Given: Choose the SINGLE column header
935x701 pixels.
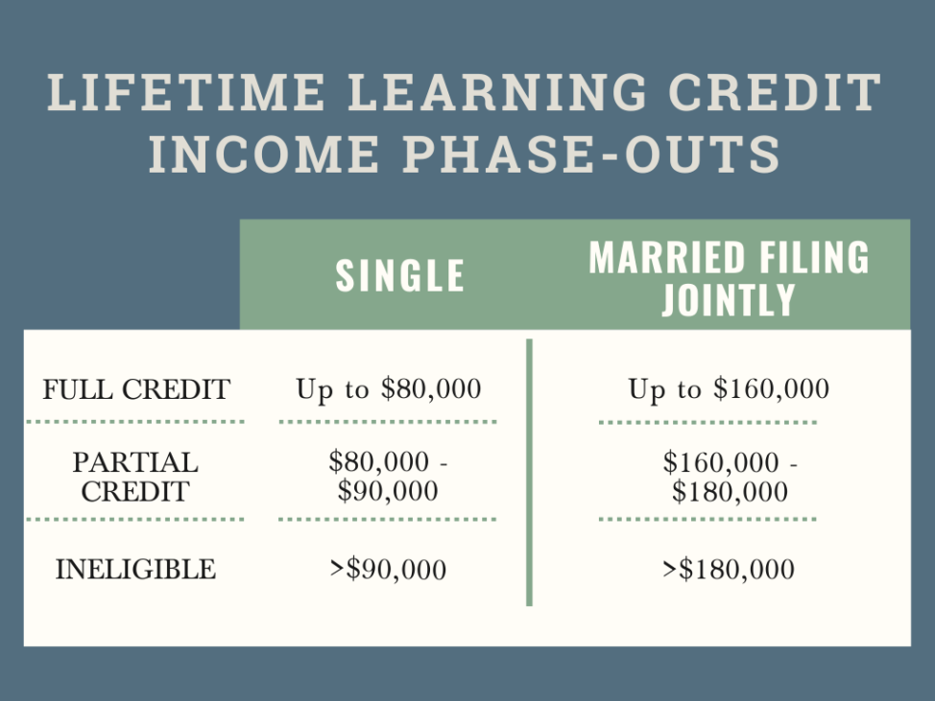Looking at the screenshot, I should click(400, 276).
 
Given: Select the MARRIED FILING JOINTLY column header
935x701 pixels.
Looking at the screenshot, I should click(729, 277).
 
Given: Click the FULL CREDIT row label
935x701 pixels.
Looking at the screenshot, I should click(136, 390).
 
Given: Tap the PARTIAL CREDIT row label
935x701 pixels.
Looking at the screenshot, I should click(135, 477).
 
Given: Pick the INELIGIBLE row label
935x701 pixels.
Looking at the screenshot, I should click(135, 569).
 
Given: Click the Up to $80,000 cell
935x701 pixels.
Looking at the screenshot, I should click(388, 389).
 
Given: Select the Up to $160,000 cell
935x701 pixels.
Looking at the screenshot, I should click(729, 389).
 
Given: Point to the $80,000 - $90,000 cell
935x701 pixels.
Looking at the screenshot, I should click(388, 477).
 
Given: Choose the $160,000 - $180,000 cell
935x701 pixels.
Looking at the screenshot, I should click(730, 477).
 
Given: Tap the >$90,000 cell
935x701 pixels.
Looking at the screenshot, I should click(388, 570).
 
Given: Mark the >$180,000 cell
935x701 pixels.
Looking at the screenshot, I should click(729, 570).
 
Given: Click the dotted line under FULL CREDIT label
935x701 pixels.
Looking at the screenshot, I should click(135, 421).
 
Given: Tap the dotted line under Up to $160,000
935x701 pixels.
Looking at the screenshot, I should click(707, 422).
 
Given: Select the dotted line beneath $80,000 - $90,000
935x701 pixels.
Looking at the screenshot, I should click(387, 519).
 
